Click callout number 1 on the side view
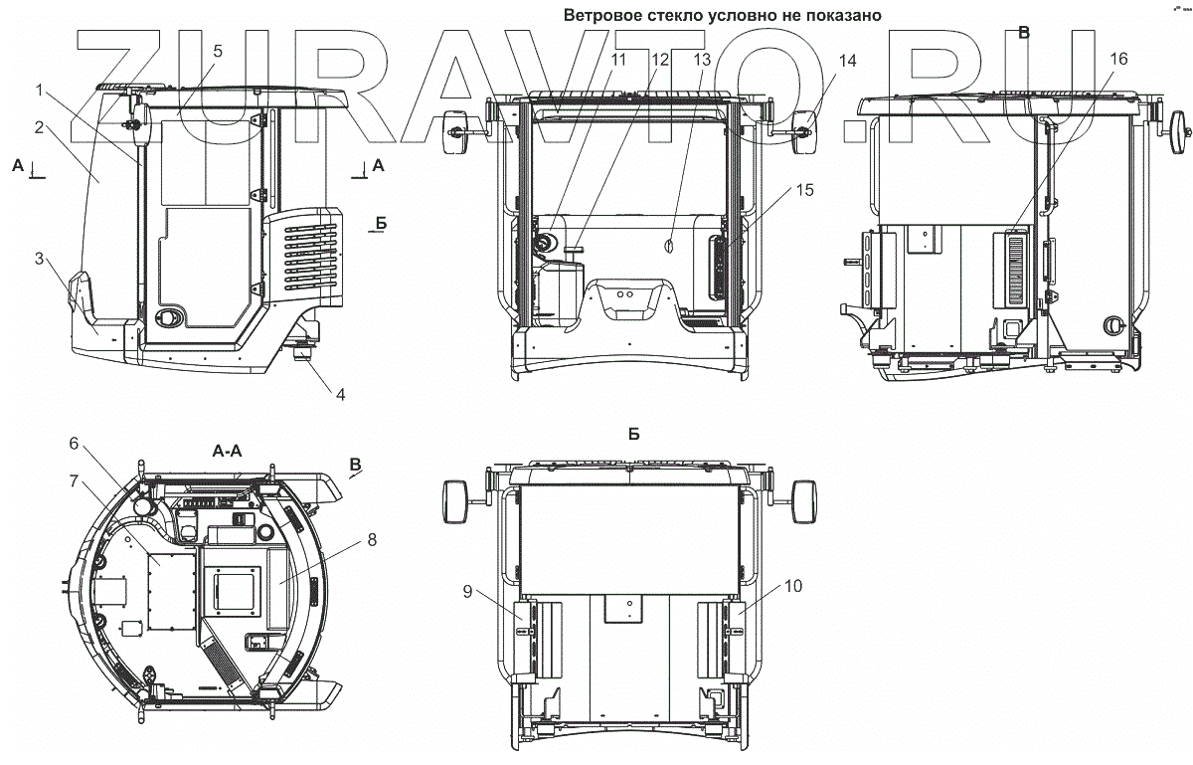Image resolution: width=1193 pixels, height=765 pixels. click(39, 91)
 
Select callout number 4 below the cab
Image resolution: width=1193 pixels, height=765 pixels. click(340, 395)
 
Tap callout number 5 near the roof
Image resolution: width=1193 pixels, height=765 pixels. click(218, 51)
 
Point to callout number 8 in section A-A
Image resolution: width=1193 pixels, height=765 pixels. click(372, 540)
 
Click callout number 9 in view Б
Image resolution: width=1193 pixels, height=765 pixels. click(467, 592)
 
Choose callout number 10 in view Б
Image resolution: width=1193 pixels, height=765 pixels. click(793, 586)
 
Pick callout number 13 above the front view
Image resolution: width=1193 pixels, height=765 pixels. click(702, 60)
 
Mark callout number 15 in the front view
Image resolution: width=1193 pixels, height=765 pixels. click(804, 190)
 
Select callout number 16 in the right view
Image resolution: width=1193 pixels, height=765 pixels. click(1119, 59)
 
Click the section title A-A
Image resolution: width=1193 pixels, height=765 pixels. click(227, 452)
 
